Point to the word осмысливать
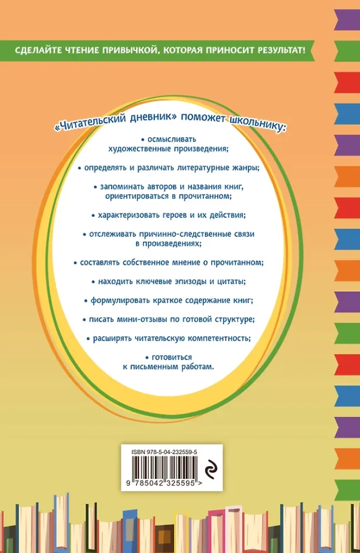172,139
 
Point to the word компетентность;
220,338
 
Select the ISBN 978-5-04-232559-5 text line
164,452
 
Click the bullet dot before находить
93,282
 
